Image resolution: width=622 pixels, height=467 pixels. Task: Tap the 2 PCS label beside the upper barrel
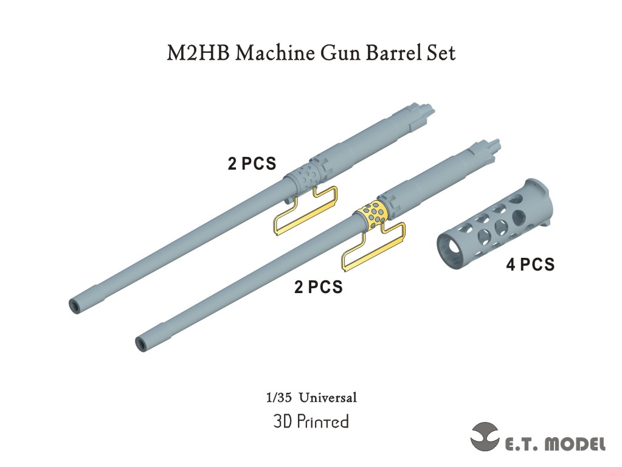252,164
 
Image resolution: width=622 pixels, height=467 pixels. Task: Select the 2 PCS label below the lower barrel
318,287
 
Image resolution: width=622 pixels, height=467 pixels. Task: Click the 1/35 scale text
277,398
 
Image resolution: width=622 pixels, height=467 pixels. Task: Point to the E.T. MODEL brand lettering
555,444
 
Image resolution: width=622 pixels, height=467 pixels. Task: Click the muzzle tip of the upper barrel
77,304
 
